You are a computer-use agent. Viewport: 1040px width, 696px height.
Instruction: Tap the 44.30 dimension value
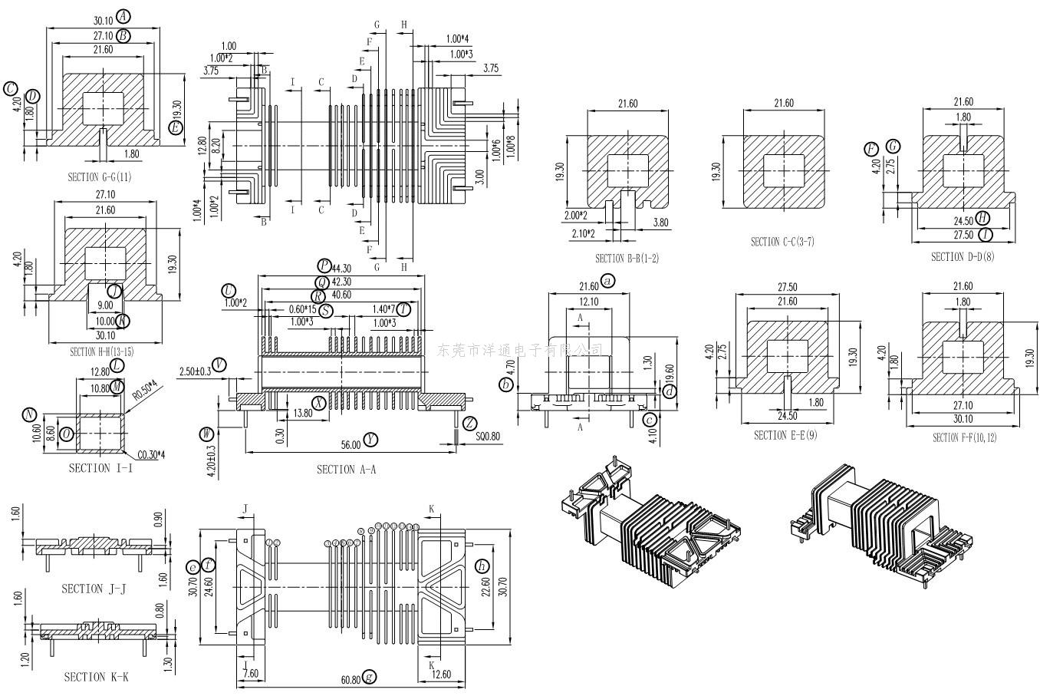[342, 268]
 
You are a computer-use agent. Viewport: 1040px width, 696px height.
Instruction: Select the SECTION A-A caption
[347, 469]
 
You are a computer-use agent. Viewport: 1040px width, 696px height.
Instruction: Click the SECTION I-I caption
[100, 467]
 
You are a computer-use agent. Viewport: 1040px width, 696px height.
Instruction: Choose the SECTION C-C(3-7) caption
[782, 242]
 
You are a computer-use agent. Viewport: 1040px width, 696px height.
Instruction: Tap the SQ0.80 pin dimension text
[488, 437]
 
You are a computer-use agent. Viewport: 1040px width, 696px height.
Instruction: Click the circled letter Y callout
[371, 439]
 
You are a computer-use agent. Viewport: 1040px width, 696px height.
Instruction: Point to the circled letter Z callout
[469, 423]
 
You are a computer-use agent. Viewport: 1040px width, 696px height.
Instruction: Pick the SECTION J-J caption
[93, 589]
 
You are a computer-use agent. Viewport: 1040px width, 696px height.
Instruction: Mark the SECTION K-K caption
[96, 677]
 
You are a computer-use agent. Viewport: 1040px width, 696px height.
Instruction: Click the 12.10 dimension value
[589, 302]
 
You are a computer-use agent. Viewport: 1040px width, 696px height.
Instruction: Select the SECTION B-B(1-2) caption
[627, 259]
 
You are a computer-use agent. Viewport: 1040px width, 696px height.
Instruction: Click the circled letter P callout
[324, 266]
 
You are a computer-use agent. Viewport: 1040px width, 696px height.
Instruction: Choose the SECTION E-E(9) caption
[785, 435]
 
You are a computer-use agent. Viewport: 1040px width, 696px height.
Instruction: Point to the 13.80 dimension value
[303, 413]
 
